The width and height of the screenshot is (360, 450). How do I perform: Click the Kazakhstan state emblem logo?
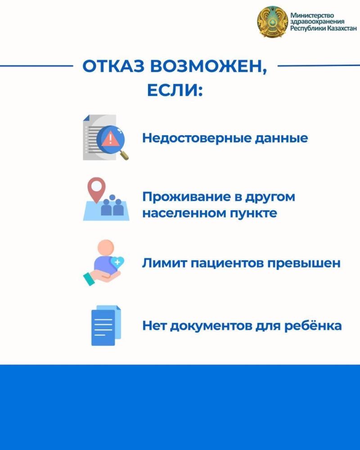(x=272, y=22)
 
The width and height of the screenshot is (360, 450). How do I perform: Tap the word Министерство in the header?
(x=312, y=15)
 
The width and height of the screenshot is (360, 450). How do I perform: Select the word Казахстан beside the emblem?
(x=342, y=28)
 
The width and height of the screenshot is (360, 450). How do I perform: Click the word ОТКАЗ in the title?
(x=113, y=66)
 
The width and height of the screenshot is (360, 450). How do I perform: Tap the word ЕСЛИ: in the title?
(x=175, y=90)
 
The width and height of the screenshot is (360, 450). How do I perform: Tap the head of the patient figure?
(x=106, y=247)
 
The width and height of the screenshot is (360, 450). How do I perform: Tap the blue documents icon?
(x=106, y=325)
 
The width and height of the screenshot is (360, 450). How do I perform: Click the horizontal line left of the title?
(x=36, y=66)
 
